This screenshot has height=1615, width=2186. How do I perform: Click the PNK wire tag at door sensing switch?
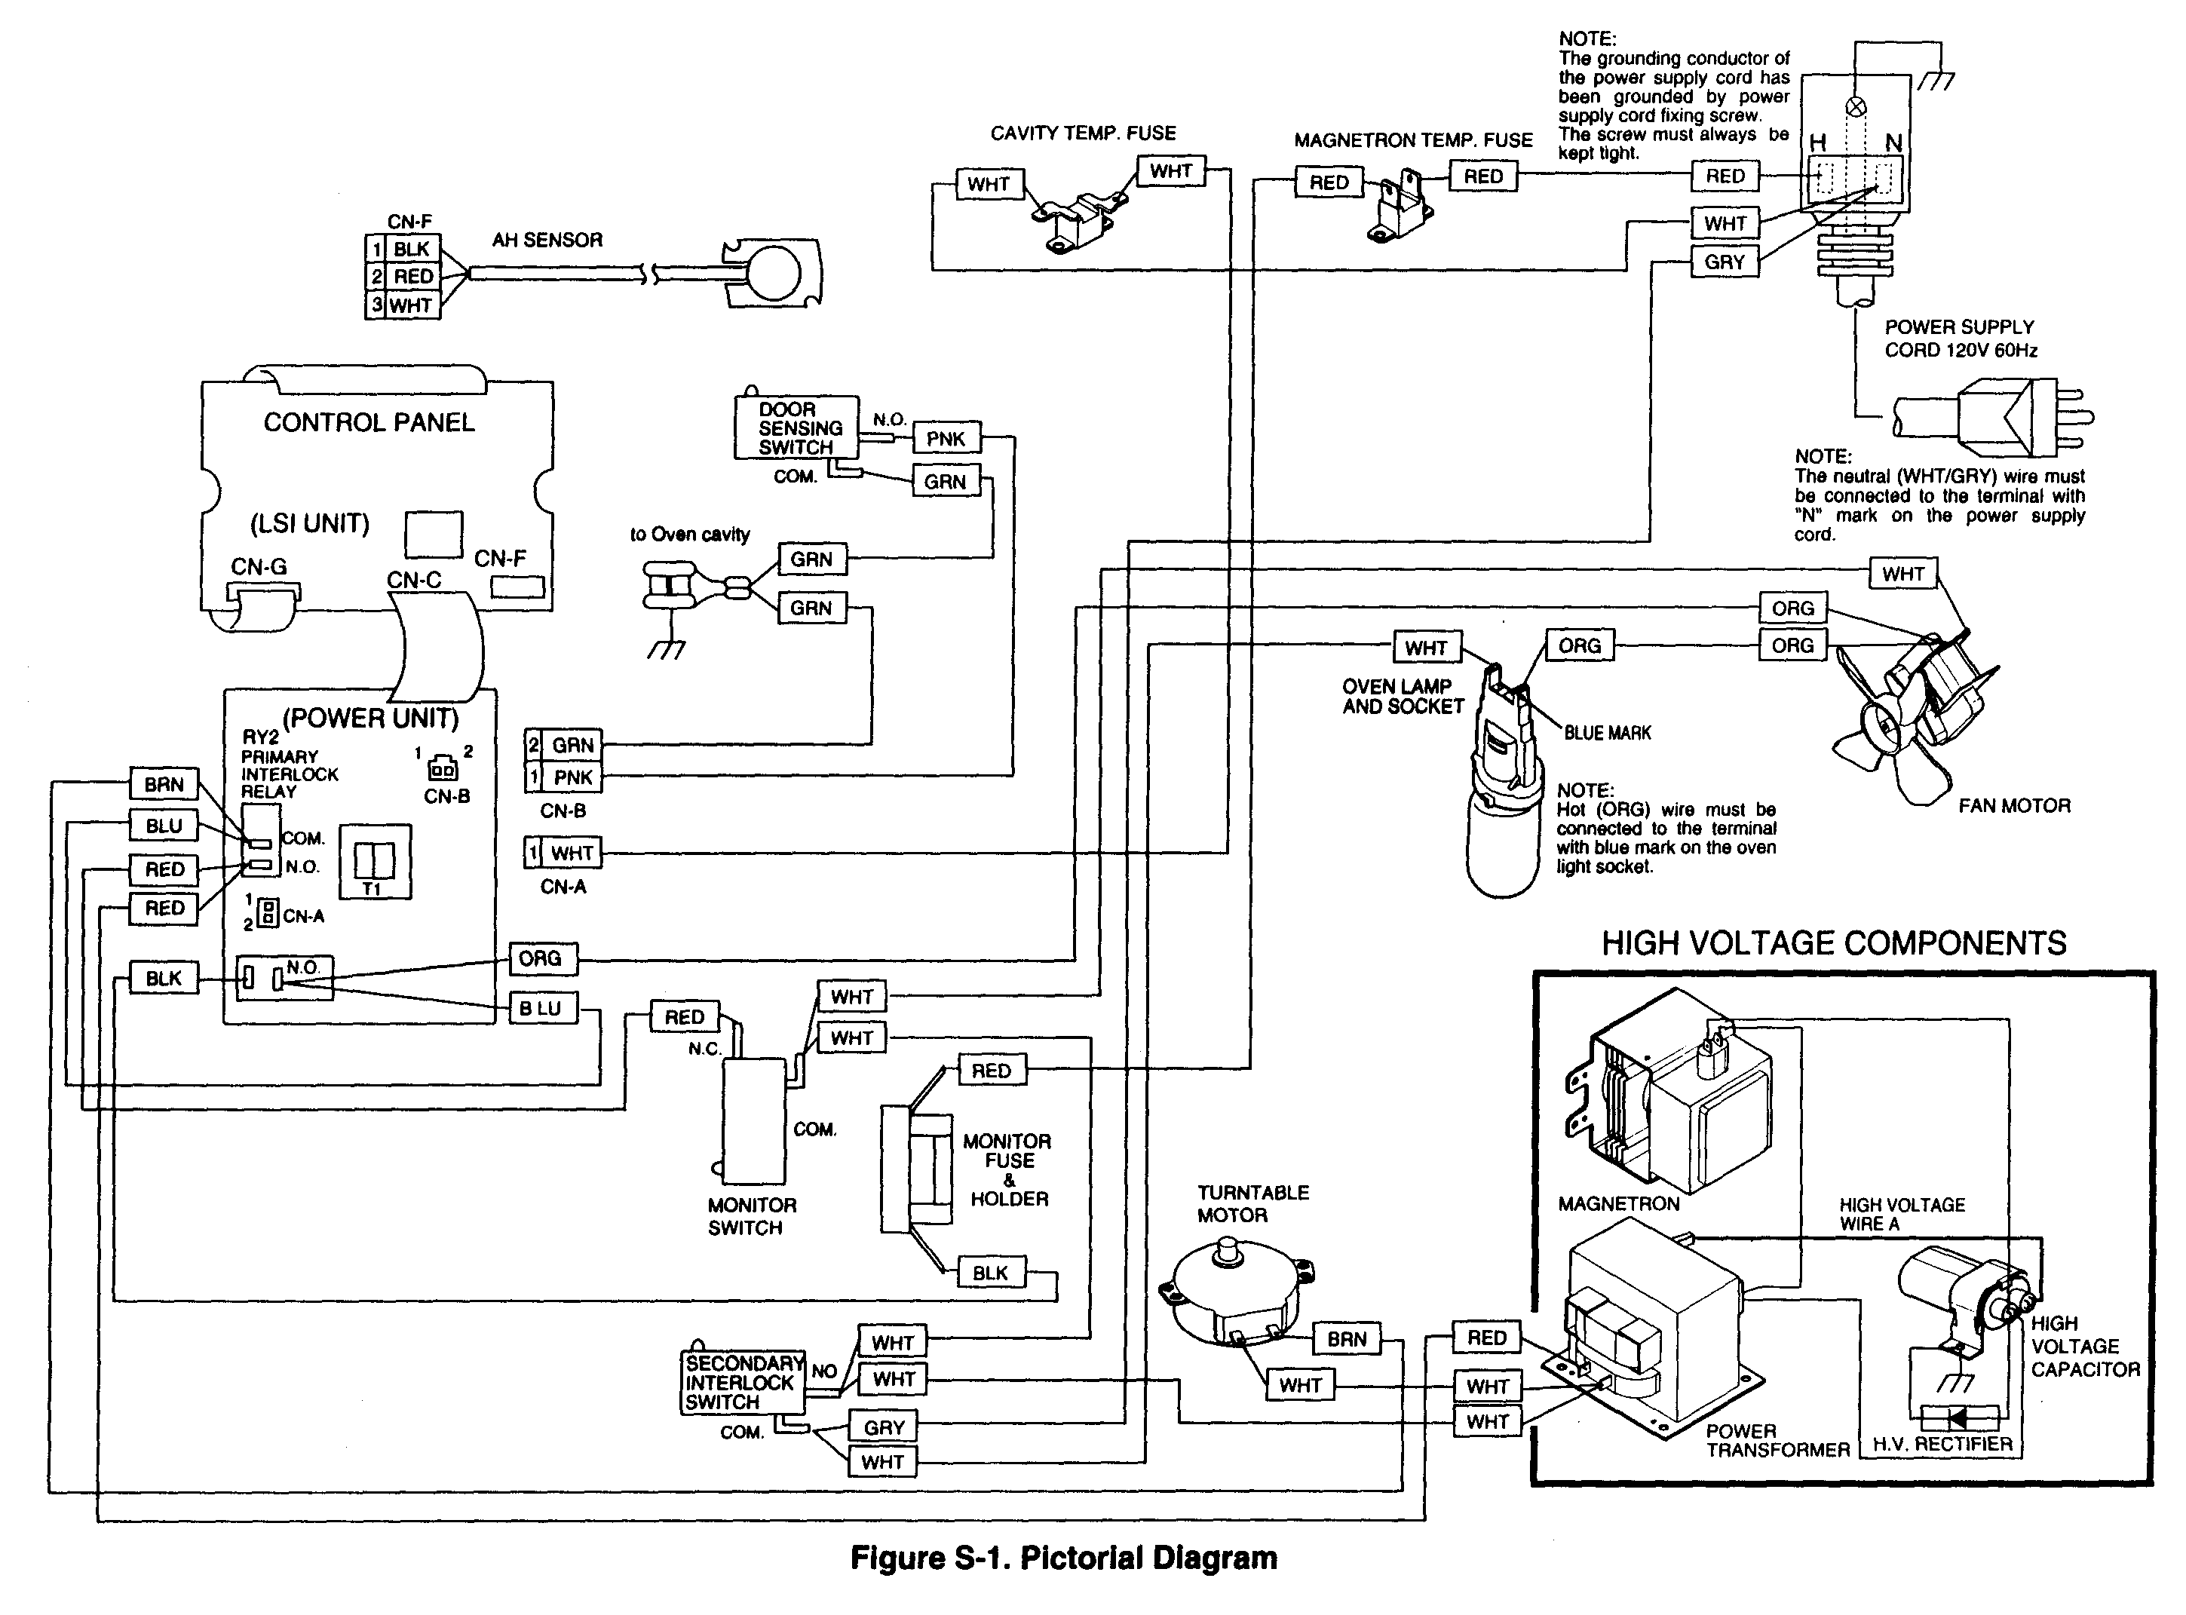click(946, 439)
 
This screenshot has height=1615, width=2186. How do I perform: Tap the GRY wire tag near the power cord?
click(1724, 262)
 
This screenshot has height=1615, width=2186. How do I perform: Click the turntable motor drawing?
click(1237, 1291)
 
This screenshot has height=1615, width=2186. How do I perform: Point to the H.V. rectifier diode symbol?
click(1958, 1417)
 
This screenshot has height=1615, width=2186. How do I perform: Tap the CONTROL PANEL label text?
click(369, 422)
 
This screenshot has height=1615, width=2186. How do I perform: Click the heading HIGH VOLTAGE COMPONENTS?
click(1833, 942)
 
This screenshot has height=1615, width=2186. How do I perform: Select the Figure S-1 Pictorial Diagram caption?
click(1064, 1558)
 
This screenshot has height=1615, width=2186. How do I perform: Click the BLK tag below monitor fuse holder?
click(989, 1273)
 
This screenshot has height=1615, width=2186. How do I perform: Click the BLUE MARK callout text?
click(1606, 732)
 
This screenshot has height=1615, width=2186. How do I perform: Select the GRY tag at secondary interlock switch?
click(883, 1427)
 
